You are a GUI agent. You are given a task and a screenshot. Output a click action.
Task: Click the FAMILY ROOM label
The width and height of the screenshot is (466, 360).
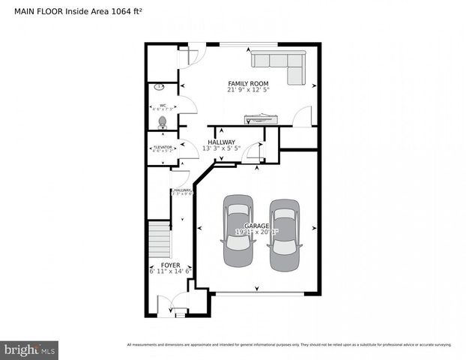248,83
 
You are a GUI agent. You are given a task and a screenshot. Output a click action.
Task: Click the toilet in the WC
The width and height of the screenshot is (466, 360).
163,121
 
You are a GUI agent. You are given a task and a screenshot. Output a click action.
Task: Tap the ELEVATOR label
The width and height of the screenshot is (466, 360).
162,147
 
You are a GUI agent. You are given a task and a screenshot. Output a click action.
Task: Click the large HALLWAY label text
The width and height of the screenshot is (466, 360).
221,142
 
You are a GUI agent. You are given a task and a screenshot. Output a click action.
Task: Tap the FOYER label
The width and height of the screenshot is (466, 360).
170,265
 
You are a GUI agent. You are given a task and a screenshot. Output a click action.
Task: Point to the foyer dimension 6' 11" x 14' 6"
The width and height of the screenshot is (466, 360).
170,271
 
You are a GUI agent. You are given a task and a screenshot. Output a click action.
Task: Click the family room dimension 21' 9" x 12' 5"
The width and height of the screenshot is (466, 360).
248,90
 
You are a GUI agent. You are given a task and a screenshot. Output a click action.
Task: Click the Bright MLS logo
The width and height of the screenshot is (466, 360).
30,349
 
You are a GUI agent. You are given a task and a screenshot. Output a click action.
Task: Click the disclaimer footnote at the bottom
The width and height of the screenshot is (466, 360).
289,345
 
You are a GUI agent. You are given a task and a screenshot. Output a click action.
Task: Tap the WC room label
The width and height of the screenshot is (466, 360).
162,106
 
